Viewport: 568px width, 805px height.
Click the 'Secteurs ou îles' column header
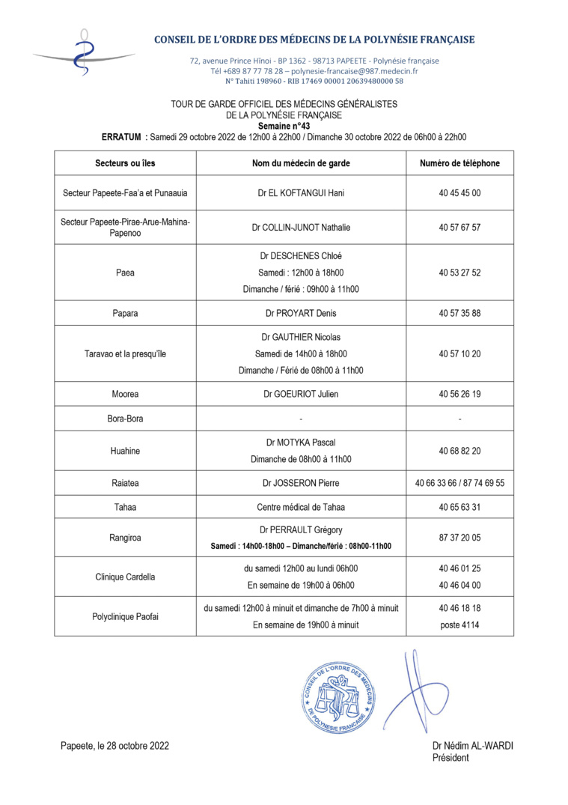coord(125,163)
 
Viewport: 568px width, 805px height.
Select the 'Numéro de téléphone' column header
coord(459,163)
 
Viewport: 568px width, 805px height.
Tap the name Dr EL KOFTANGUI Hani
coord(301,193)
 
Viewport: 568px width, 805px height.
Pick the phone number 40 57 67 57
coord(459,228)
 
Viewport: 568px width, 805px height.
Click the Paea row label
coord(125,273)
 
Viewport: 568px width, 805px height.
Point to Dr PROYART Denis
coord(301,313)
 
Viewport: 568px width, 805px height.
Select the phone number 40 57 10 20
coord(459,354)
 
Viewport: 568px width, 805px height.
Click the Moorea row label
coord(125,394)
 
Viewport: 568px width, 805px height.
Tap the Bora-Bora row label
coord(125,419)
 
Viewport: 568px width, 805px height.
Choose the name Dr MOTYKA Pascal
coord(301,443)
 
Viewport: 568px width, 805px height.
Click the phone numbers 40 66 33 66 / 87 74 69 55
coord(459,483)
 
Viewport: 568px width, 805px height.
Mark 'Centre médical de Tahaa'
coord(301,507)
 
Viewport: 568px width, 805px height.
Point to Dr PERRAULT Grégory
coord(301,530)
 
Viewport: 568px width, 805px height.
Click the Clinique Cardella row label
coord(125,577)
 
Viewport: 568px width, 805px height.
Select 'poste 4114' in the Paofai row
coord(459,625)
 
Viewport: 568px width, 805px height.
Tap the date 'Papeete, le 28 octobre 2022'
coord(114,746)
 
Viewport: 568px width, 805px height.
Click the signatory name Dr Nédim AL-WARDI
coord(472,746)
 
